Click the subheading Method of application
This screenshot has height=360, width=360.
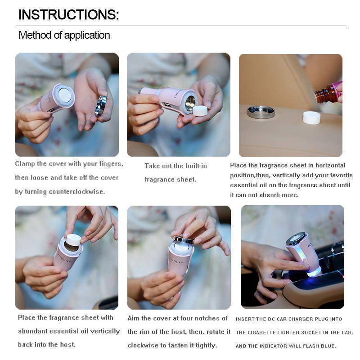click(64, 35)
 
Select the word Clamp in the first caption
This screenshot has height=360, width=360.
click(26, 164)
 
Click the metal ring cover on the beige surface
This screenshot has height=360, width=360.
click(261, 112)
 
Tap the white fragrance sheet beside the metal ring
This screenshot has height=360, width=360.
click(311, 117)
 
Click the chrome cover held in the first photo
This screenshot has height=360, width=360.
click(101, 106)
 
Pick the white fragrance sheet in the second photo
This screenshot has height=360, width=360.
click(200, 111)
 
